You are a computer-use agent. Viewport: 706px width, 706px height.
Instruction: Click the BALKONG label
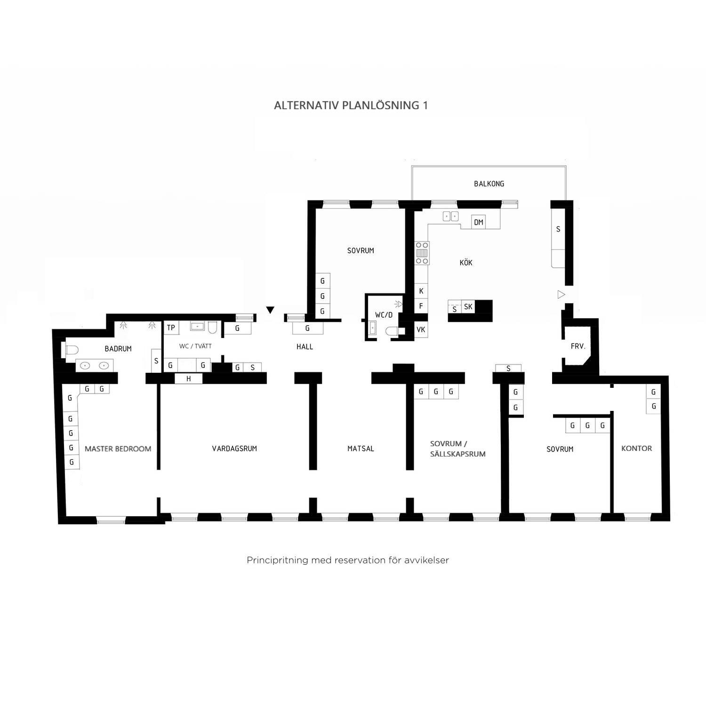[489, 184]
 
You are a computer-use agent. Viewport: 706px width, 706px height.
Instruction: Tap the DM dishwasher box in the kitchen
[479, 222]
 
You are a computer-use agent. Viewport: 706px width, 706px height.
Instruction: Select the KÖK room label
[466, 263]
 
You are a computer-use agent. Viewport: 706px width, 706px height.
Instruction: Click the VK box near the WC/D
[421, 329]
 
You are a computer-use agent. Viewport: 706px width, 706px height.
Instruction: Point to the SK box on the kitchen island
[468, 307]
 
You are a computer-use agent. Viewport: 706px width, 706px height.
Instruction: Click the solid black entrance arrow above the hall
[270, 310]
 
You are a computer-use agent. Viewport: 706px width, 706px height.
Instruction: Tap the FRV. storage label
[578, 346]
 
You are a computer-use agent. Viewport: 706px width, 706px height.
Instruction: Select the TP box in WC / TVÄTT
[171, 328]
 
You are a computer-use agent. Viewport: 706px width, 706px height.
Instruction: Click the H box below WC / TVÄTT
[189, 378]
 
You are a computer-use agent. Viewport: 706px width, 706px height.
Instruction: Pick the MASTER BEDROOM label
[118, 449]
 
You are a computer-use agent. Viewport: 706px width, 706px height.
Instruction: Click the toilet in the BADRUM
[71, 350]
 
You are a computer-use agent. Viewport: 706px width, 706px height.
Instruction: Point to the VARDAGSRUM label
[234, 449]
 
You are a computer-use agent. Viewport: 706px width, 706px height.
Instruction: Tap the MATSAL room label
[361, 449]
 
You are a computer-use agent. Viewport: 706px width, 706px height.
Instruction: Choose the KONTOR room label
[636, 449]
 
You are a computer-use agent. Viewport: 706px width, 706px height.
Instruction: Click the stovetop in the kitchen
[422, 253]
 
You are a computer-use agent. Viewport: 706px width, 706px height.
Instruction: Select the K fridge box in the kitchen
[421, 291]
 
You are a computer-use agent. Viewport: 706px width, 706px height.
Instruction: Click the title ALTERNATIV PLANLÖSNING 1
[351, 105]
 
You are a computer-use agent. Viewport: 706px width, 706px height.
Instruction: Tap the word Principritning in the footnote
[277, 561]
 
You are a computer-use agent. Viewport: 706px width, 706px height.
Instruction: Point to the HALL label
[305, 347]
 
